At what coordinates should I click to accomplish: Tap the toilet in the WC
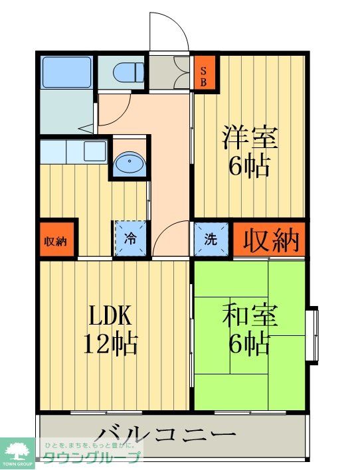coord(126,70)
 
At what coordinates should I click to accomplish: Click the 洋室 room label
coord(250,137)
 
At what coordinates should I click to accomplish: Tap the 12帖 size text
coord(110,343)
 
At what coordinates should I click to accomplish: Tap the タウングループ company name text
coord(92,457)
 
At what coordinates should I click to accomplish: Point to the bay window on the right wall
coord(312,335)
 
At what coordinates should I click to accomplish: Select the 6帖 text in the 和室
coord(250,343)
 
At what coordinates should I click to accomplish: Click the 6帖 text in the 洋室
coord(250,166)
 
